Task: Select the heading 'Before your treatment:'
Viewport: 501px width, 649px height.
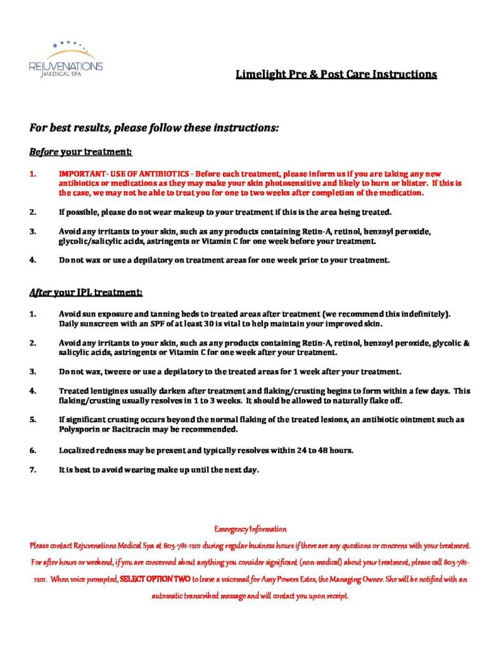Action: point(80,152)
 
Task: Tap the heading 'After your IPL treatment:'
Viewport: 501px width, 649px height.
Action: point(86,292)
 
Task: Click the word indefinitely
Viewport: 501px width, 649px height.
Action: point(425,314)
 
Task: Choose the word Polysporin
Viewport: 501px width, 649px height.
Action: point(79,429)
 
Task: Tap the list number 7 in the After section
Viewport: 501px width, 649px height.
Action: point(32,470)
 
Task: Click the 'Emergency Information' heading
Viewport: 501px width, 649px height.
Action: point(250,529)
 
